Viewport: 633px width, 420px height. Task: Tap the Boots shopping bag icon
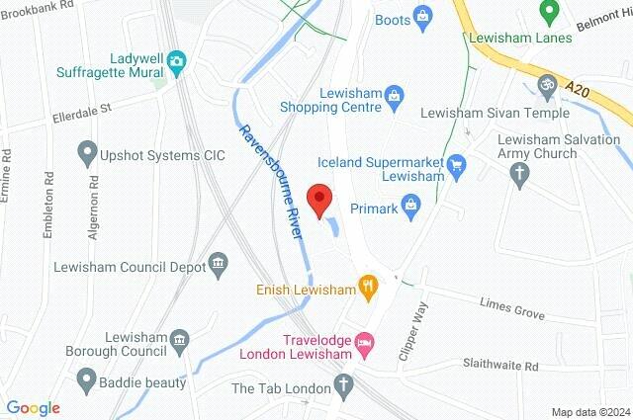click(423, 16)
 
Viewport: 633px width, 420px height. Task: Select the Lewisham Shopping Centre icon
click(394, 94)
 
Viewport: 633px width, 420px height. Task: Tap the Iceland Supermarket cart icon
click(455, 164)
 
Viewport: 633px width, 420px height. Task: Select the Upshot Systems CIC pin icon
click(87, 154)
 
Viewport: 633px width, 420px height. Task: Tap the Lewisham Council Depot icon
click(219, 265)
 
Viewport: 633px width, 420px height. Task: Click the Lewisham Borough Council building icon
click(180, 343)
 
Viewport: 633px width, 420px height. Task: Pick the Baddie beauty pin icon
click(87, 379)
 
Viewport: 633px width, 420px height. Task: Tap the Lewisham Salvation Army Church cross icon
click(519, 174)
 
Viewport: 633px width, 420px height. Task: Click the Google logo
click(33, 408)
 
